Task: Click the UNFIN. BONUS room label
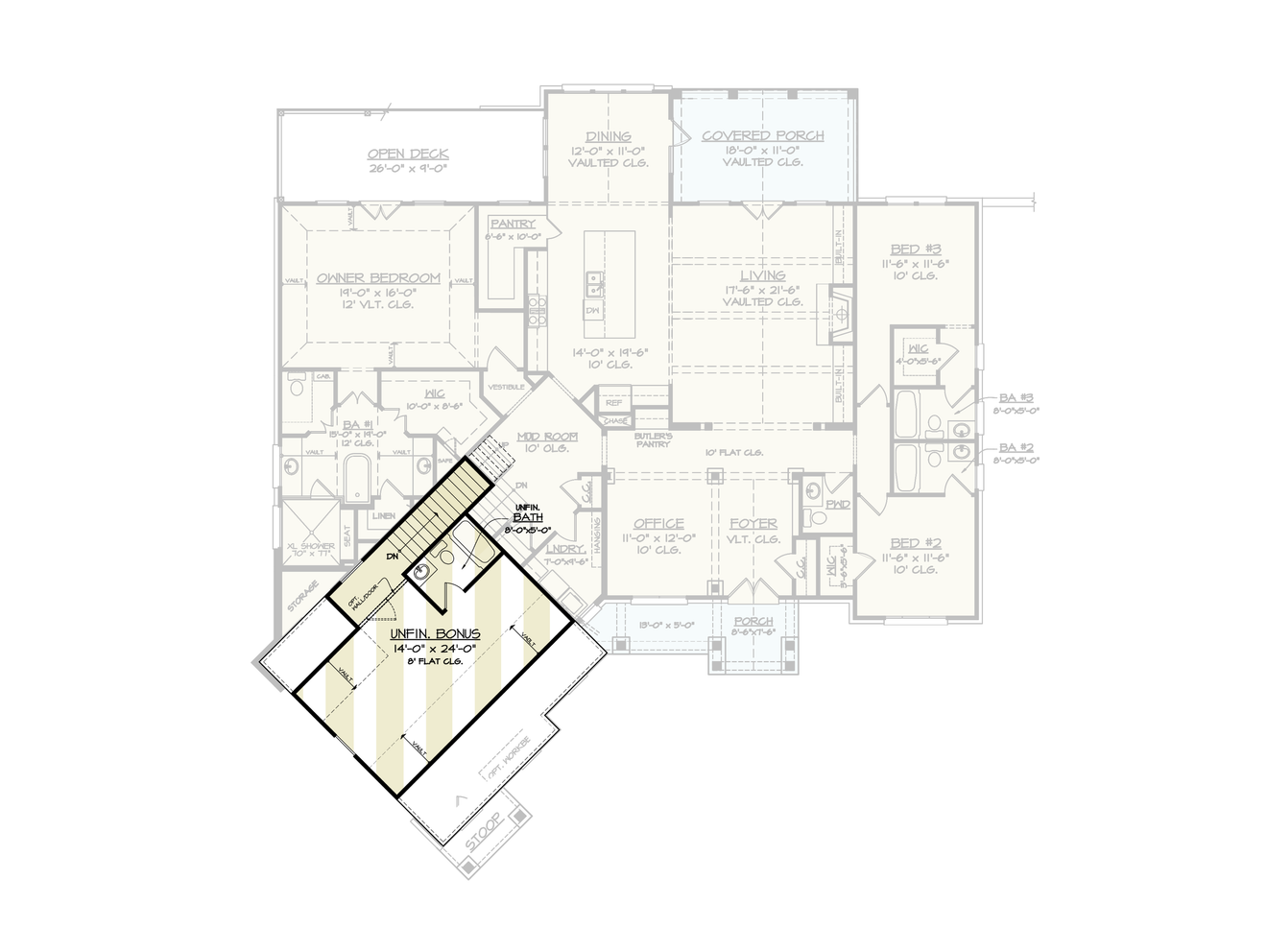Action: click(435, 634)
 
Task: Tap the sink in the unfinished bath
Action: click(421, 573)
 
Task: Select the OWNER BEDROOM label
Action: click(378, 278)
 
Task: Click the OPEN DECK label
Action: click(408, 154)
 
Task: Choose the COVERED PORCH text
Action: click(762, 135)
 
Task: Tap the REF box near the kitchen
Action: click(613, 403)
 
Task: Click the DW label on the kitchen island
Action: click(592, 311)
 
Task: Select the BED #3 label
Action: click(915, 249)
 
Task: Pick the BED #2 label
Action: click(915, 543)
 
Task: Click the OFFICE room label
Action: click(658, 523)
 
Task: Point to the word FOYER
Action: click(753, 523)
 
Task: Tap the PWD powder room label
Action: click(838, 503)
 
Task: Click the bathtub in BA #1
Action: click(357, 479)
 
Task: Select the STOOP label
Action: click(483, 831)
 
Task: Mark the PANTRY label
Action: click(513, 224)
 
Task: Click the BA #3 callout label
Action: click(1016, 397)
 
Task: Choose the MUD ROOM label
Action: click(547, 437)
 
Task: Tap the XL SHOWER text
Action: click(311, 546)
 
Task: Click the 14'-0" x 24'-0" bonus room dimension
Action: click(435, 649)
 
